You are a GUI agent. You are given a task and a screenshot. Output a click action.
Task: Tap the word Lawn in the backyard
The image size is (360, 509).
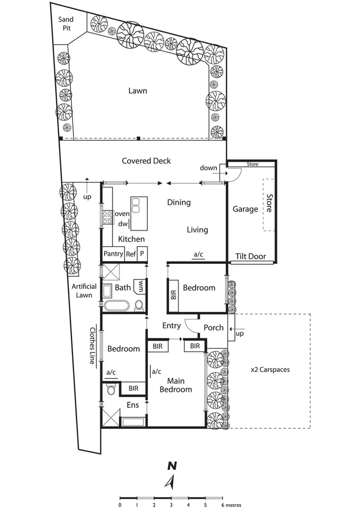137,91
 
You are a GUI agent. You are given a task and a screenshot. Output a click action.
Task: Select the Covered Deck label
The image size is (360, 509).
146,161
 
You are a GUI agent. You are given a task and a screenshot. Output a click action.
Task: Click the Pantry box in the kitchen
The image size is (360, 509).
114,254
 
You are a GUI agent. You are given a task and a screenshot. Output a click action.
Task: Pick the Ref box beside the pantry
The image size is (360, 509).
131,254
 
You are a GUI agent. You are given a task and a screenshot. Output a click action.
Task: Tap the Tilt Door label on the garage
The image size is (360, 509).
251,256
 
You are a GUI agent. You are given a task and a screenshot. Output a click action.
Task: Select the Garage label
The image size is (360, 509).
245,209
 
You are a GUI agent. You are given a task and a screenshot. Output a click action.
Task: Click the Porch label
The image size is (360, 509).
214,328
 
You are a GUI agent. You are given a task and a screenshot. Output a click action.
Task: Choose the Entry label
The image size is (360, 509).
171,326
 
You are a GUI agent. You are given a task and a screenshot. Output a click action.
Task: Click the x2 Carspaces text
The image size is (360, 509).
270,370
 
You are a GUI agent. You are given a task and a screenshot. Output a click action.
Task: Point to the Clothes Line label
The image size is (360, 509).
93,346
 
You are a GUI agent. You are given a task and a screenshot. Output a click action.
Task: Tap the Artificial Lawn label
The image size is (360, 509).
84,291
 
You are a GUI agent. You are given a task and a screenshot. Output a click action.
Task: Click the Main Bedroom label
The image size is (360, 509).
176,386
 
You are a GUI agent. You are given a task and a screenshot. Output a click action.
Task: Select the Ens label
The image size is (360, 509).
133,405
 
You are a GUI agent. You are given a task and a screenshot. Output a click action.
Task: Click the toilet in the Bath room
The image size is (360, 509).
139,305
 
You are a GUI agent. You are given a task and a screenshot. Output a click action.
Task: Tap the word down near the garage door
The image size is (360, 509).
208,168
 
